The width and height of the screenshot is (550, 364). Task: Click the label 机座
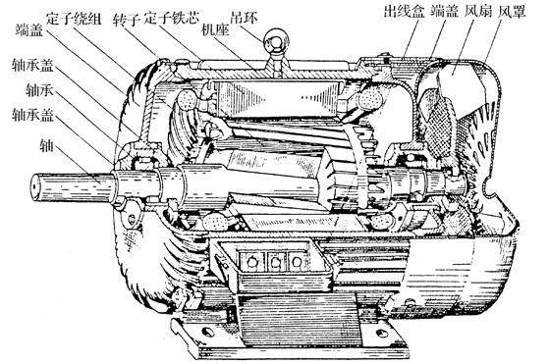pyautogui.click(x=215, y=29)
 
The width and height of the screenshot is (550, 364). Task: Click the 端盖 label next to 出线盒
pyautogui.click(x=444, y=13)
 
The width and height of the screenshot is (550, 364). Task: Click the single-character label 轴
pyautogui.click(x=17, y=144)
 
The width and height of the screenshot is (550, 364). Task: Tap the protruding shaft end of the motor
pyautogui.click(x=59, y=184)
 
